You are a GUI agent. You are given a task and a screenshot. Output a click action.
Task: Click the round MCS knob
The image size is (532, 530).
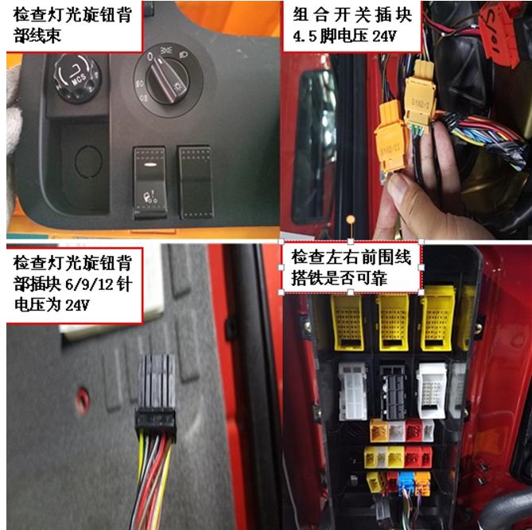(x=77, y=76)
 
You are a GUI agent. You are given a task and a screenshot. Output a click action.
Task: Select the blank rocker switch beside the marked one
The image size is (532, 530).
(x=196, y=180)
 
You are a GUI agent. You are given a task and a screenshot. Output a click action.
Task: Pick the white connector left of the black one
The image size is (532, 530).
(x=352, y=392)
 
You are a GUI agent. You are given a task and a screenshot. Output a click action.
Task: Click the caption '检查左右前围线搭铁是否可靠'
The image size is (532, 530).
(x=351, y=267)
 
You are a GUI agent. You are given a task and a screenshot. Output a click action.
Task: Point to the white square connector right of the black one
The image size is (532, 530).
(x=433, y=391)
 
